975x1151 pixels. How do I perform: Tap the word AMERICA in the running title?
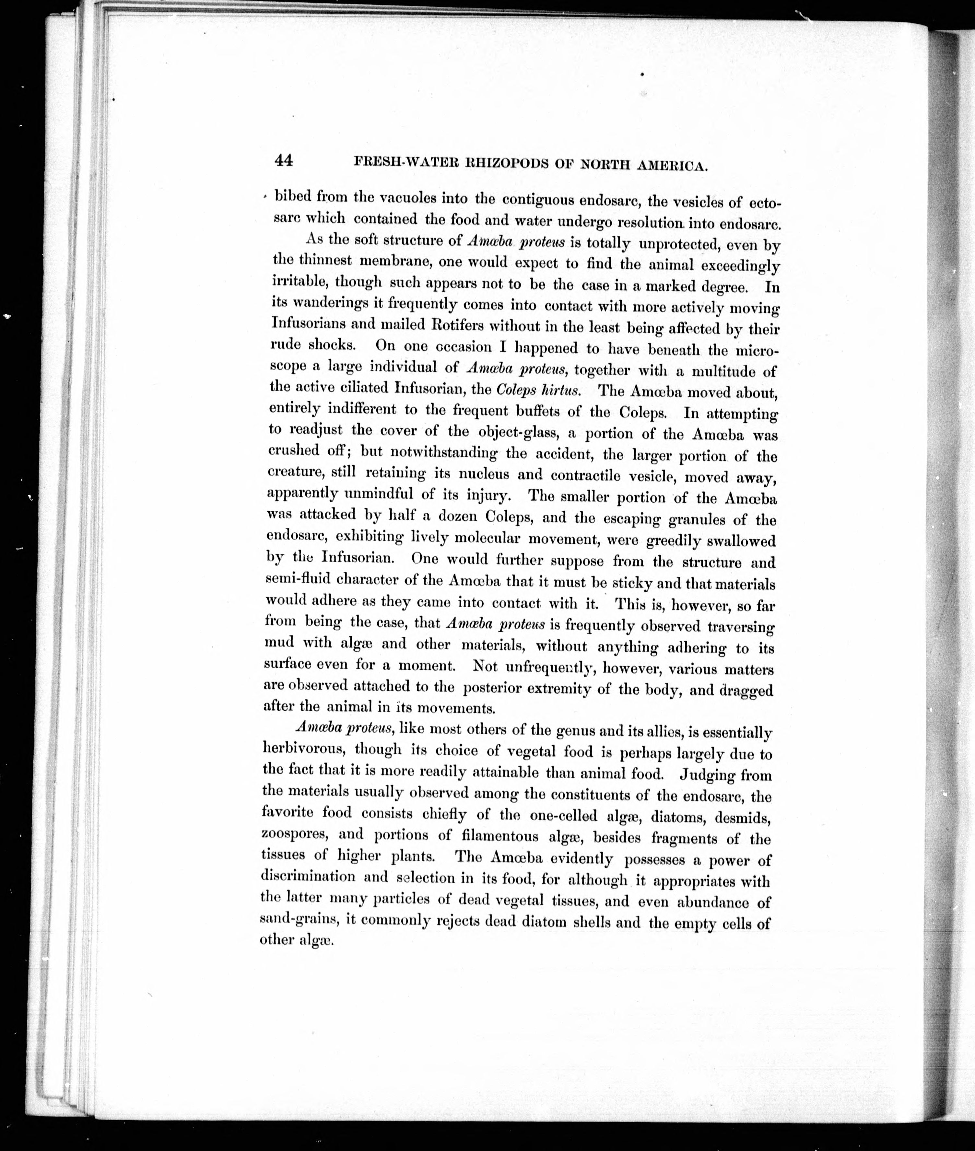(x=670, y=166)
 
